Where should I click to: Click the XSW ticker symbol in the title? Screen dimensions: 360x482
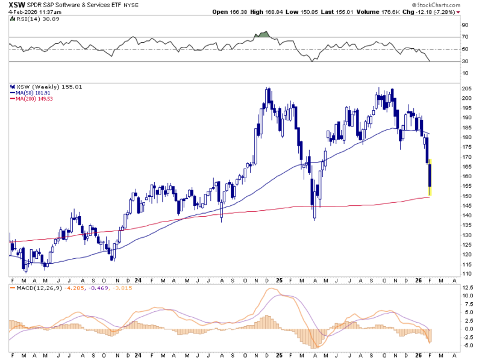(x=17, y=5)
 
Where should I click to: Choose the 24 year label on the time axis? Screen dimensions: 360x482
(x=139, y=281)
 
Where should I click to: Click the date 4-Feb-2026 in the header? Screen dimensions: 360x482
(x=21, y=12)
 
